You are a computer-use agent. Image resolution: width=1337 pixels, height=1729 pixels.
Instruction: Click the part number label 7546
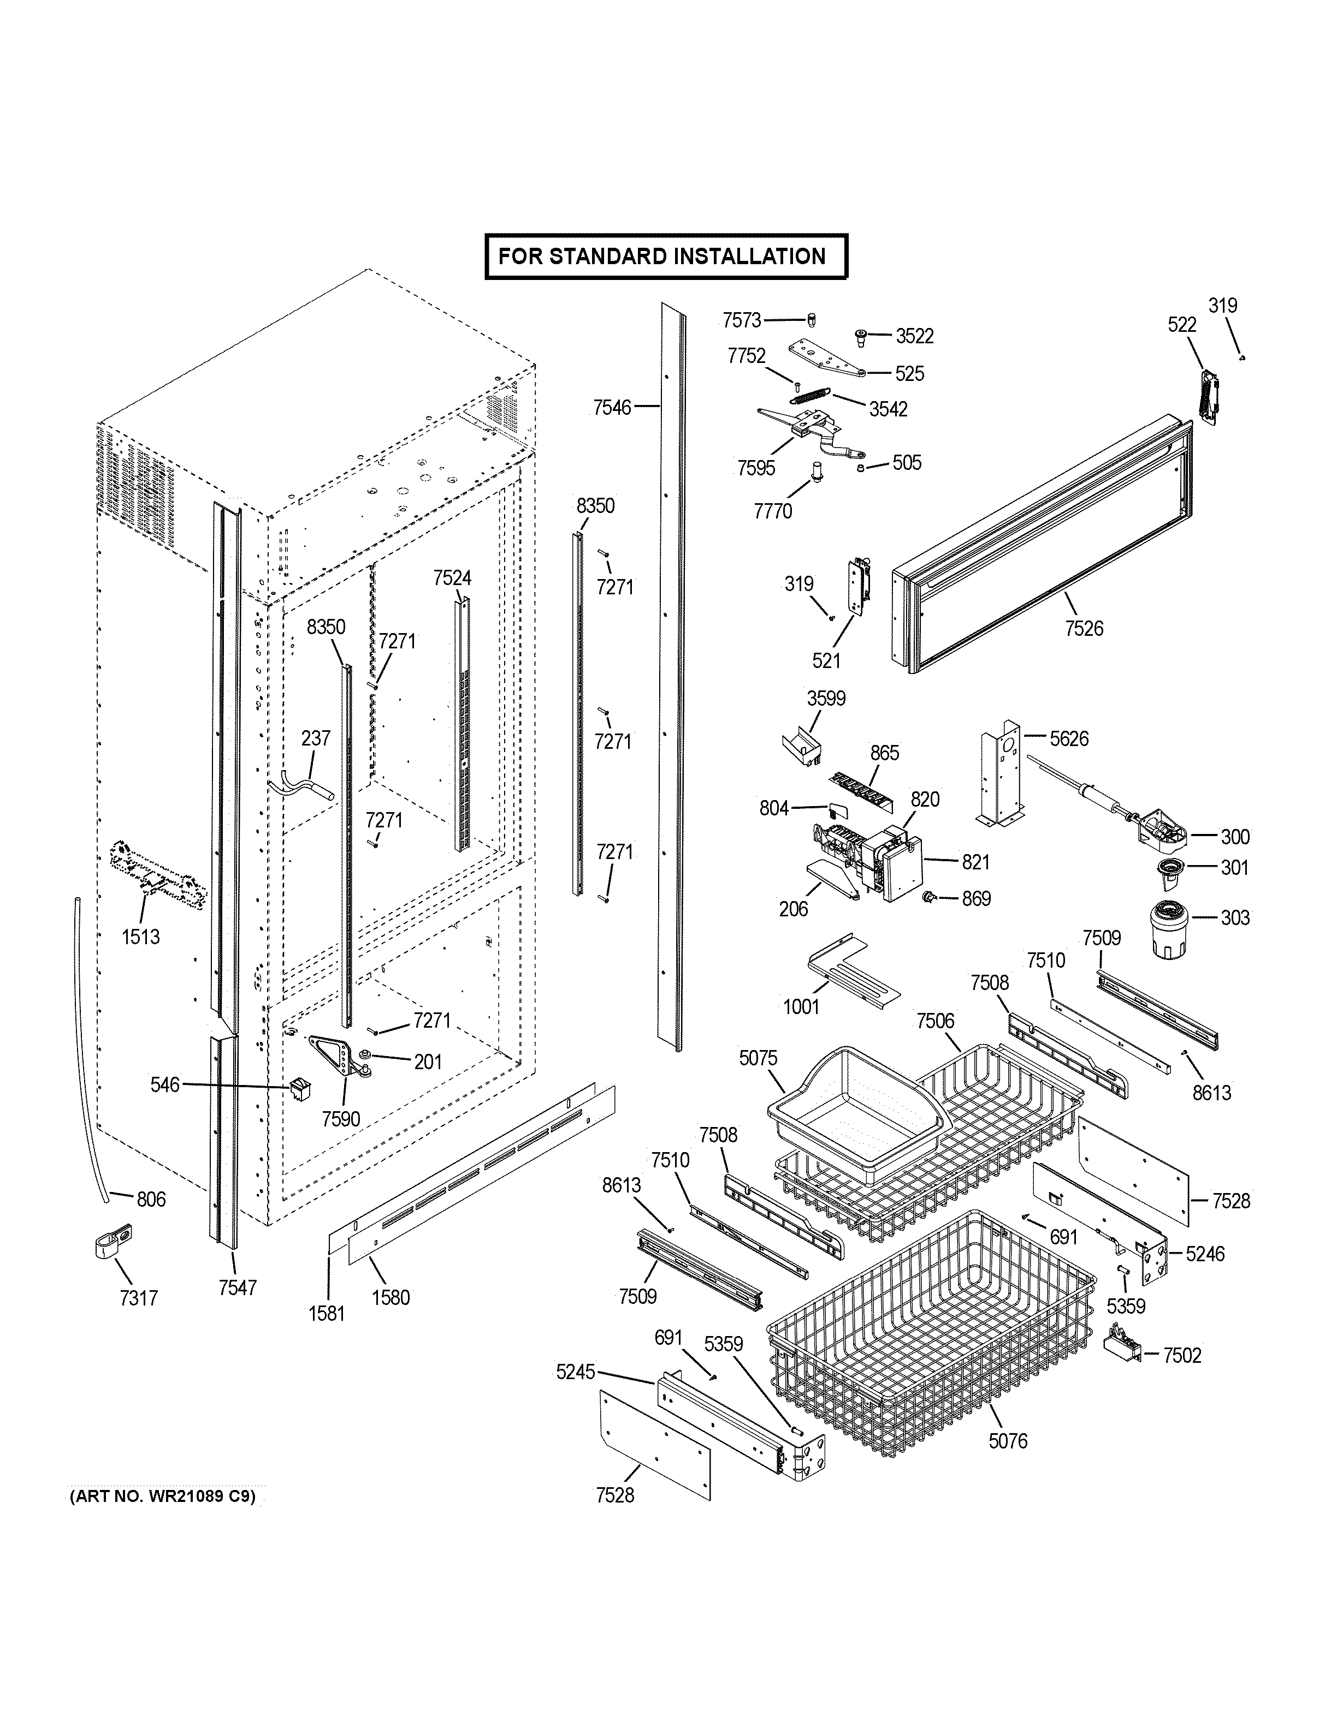pyautogui.click(x=612, y=407)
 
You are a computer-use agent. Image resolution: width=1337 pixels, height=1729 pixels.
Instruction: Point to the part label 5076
pyautogui.click(x=1008, y=1441)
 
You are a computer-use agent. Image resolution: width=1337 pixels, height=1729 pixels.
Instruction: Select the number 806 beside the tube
pyautogui.click(x=151, y=1200)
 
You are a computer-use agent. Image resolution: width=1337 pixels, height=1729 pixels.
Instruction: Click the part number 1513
pyautogui.click(x=140, y=937)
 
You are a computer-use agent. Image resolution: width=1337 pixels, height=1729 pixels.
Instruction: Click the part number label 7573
pyautogui.click(x=741, y=320)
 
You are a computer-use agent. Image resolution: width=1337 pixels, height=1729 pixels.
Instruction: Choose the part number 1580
pyautogui.click(x=391, y=1297)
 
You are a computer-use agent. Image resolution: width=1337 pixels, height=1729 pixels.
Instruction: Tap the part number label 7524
pyautogui.click(x=452, y=578)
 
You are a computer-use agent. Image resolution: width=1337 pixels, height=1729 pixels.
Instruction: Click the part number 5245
pyautogui.click(x=575, y=1373)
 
